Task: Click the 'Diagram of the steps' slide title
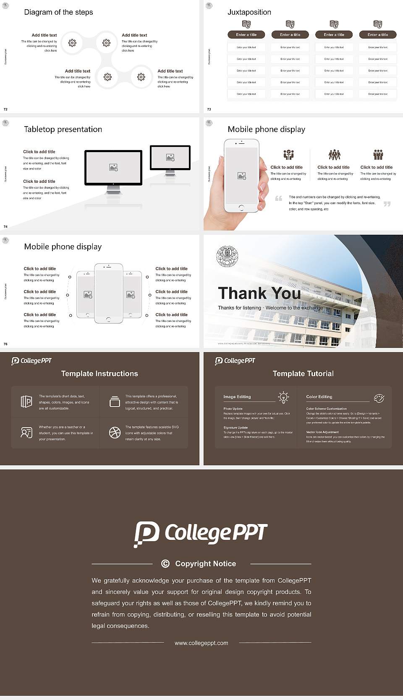[58, 12]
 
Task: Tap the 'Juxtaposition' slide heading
[249, 12]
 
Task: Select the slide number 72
[5, 109]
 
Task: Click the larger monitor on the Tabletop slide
[113, 168]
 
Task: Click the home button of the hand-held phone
[241, 208]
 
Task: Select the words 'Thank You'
[259, 293]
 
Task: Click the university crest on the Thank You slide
[227, 256]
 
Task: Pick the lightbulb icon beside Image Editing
[283, 397]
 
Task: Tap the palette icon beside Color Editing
[379, 398]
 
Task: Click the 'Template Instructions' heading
[99, 373]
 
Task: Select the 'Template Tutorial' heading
[303, 373]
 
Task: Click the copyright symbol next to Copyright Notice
[165, 564]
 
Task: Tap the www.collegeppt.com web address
[201, 643]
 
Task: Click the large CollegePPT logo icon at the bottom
[146, 534]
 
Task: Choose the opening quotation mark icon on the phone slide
[278, 198]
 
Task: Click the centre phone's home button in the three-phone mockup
[108, 319]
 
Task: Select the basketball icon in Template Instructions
[115, 433]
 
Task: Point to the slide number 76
[5, 344]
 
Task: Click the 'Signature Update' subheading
[236, 428]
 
